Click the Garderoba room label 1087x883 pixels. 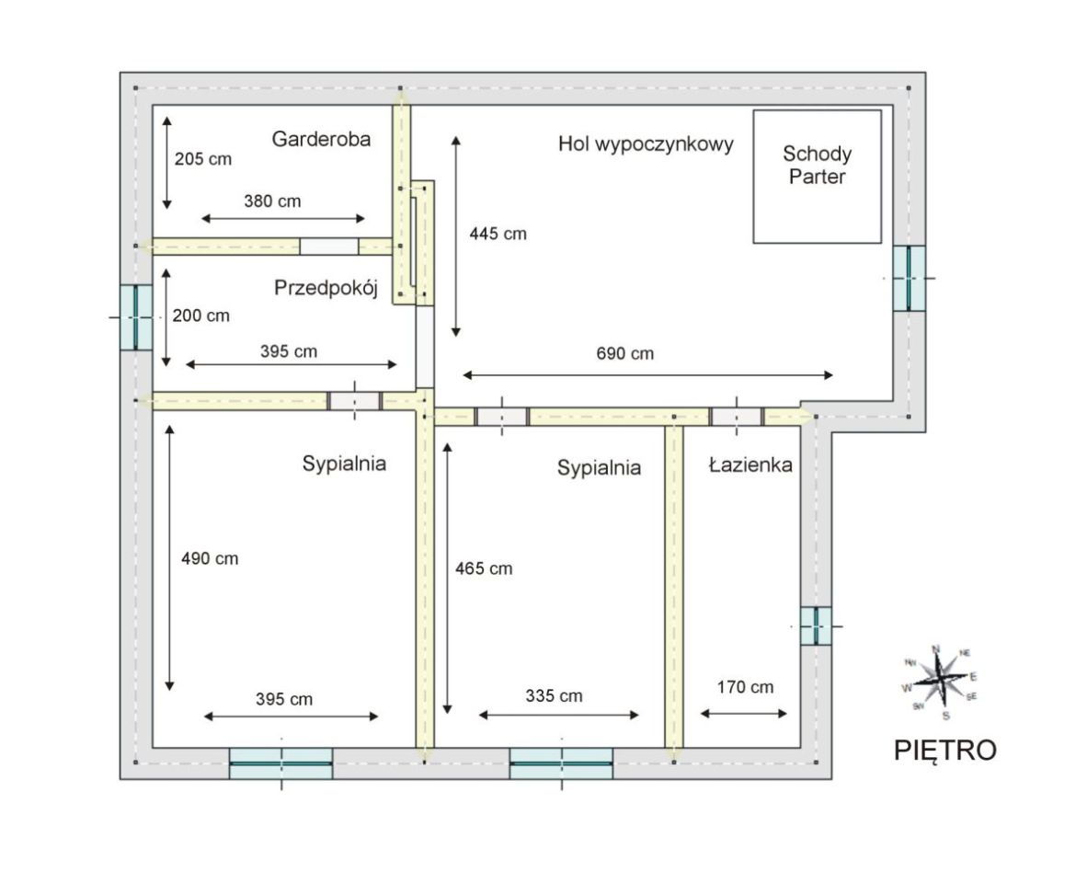pos(321,139)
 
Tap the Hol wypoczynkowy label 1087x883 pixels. pos(646,144)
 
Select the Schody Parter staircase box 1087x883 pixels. pos(818,177)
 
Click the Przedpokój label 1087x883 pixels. pos(326,288)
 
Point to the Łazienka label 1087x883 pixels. pos(750,464)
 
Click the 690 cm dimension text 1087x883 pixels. pos(624,353)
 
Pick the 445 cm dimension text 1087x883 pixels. pos(498,234)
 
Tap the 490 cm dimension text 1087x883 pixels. pos(210,558)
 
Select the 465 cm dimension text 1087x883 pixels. pos(484,569)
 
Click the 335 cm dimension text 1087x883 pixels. pos(554,696)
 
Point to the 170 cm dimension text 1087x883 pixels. pos(745,688)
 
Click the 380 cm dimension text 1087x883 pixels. pos(272,201)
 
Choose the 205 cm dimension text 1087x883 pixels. pos(203,159)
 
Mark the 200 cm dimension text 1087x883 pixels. pos(201,316)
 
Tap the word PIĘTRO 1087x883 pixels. pos(944,751)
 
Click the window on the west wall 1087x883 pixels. pos(137,317)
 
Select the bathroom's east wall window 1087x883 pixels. pos(817,626)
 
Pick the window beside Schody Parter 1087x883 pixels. pos(909,278)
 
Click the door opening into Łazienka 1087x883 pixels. pos(737,417)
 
